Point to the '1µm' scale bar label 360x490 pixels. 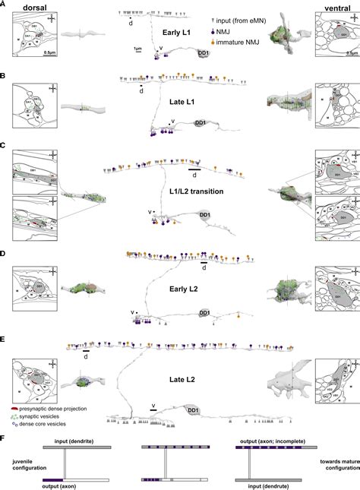(137, 49)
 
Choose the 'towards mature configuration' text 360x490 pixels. (335, 463)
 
